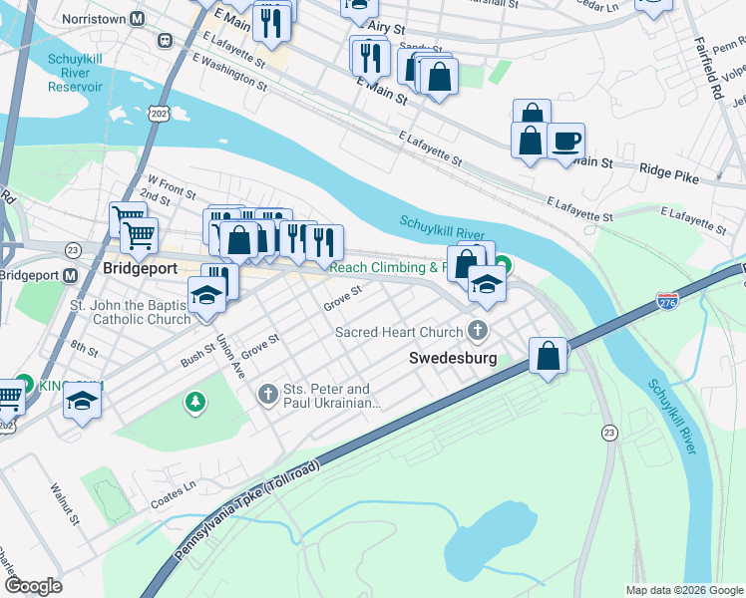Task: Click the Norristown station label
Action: tap(101, 19)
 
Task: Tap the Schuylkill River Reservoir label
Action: tap(76, 73)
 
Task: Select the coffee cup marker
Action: tap(565, 142)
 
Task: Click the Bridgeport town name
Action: tap(141, 268)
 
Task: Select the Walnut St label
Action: tap(64, 504)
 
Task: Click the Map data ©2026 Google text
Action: tap(683, 590)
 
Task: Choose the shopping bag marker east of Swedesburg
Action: tap(548, 356)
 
